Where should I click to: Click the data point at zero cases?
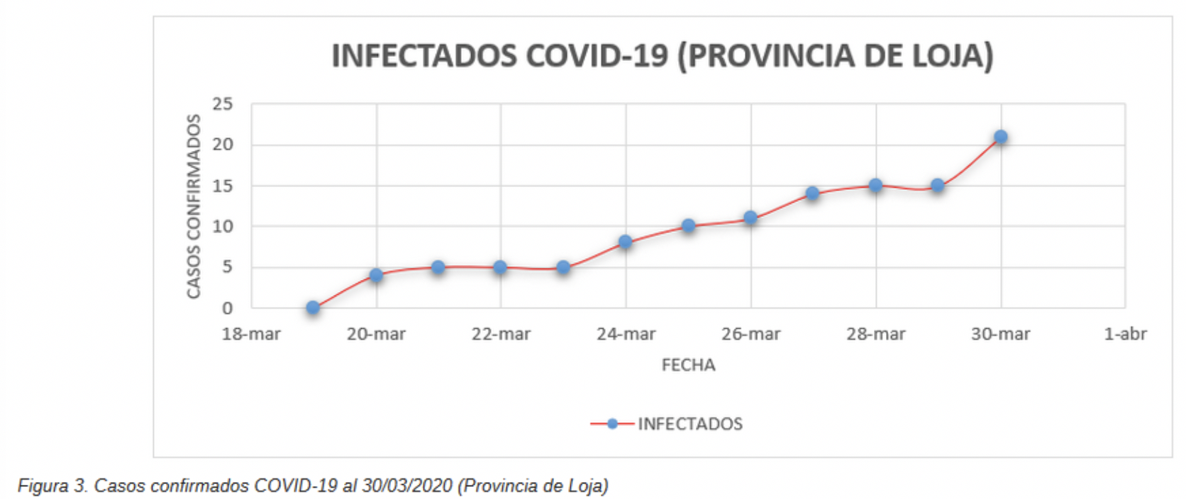pos(313,308)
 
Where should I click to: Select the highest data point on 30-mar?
pos(1000,137)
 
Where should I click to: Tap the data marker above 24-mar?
pos(625,242)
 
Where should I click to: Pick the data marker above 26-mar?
pos(750,218)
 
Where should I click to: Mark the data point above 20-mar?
pos(376,275)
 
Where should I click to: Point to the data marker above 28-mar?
pos(875,185)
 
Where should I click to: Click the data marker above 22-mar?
pos(500,267)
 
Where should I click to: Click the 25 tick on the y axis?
pos(222,104)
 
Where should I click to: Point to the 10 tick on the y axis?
pos(222,227)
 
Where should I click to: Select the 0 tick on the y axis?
pos(227,308)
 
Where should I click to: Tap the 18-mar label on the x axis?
pos(251,334)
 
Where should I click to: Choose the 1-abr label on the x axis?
pos(1125,334)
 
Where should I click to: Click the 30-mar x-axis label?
pos(1000,334)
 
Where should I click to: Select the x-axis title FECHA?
pos(688,365)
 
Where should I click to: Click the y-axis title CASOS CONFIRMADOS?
pos(194,206)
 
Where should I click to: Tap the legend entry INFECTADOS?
pos(689,424)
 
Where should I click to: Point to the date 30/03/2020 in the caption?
pos(406,486)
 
